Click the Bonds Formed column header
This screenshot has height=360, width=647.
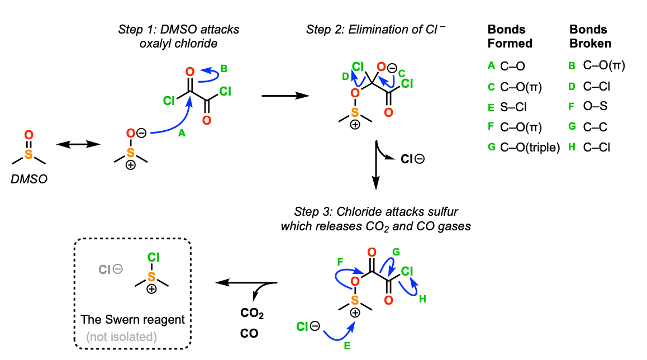tap(510, 36)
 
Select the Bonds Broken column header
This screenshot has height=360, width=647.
tap(590, 36)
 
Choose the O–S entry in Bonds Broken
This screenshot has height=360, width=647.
tap(596, 106)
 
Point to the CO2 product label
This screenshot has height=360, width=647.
tap(252, 314)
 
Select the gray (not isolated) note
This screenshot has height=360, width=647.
tap(121, 337)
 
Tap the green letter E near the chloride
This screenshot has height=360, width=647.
tap(346, 346)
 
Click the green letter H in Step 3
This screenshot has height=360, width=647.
tap(422, 299)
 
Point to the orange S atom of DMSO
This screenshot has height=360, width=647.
tap(28, 152)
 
